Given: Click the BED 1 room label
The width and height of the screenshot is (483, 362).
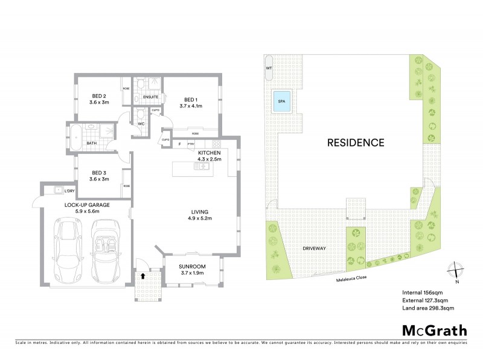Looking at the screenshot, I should coord(193,100).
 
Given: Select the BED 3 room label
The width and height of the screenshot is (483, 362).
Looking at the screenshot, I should coord(99,175).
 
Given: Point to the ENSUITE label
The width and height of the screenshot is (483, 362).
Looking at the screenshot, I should coord(151,97).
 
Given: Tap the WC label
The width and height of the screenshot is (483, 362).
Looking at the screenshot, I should coord(141,124).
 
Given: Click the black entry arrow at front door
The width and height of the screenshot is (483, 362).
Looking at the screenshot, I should coord(142,275).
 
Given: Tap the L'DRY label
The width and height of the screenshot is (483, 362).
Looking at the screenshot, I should coord(69,191).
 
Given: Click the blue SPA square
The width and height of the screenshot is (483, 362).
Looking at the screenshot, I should coord(281,101).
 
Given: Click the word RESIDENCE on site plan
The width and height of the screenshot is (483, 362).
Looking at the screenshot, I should coord(356,143).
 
